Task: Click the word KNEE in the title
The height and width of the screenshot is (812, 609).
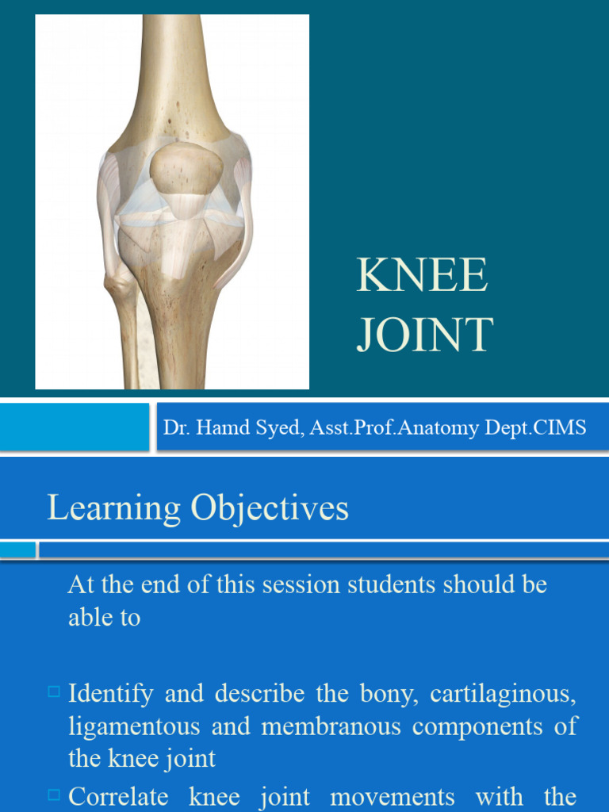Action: point(422,277)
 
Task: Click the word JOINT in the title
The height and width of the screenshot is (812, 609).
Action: point(425,335)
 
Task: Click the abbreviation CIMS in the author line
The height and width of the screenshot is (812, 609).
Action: point(560,428)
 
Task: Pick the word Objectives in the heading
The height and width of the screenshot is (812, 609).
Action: point(270,508)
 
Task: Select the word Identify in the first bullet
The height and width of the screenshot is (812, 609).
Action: point(111,694)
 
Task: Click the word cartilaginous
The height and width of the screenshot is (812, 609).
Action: point(503,694)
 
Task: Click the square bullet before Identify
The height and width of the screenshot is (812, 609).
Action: point(54,692)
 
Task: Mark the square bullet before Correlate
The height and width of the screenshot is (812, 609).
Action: point(54,793)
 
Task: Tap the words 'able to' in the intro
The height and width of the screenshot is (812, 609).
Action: point(104,618)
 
